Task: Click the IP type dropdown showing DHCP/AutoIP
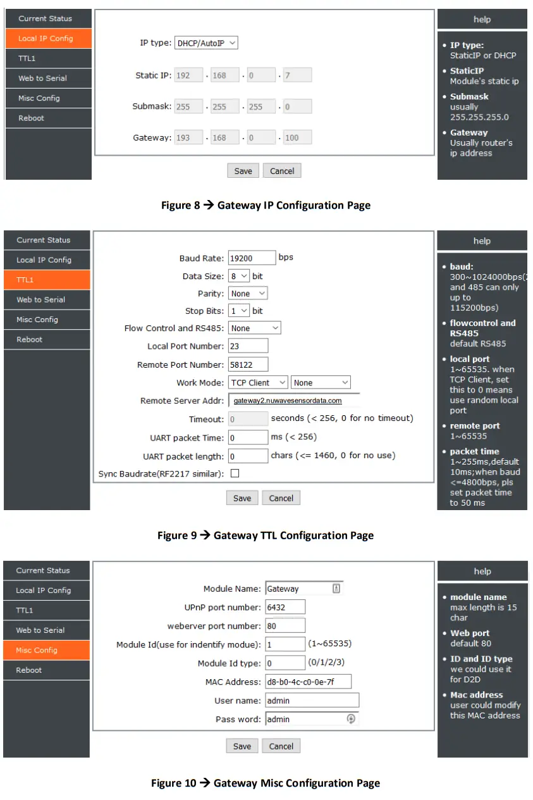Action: [x=206, y=43]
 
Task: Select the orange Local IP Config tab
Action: [x=48, y=39]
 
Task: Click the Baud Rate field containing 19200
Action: [x=252, y=258]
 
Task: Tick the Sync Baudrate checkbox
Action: [x=235, y=473]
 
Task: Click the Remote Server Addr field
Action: [x=294, y=401]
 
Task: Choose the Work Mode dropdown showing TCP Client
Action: [x=258, y=383]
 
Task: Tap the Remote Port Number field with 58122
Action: [x=248, y=365]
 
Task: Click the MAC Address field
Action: [x=308, y=682]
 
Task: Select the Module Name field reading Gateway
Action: [x=304, y=589]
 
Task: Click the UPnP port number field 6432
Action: [x=285, y=608]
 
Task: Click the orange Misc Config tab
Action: [x=46, y=650]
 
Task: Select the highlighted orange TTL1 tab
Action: [x=47, y=280]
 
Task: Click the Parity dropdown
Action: [x=248, y=294]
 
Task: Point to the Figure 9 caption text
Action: [x=266, y=535]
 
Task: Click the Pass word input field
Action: [x=312, y=719]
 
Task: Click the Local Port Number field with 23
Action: [x=248, y=346]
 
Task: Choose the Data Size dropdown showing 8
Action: [x=239, y=277]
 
